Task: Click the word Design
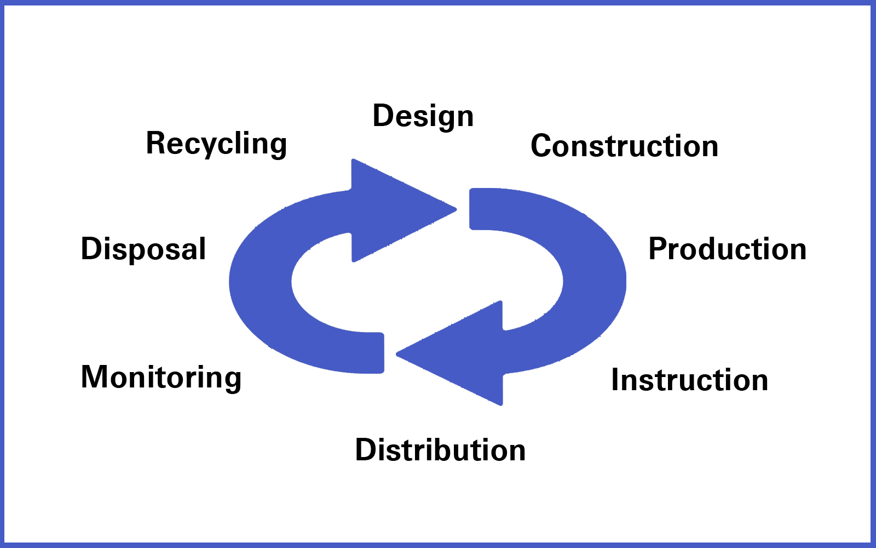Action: (423, 116)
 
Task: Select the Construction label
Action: (624, 146)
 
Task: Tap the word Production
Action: (727, 249)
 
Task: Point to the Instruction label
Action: (689, 380)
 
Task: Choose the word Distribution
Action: (440, 450)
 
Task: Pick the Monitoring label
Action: (161, 378)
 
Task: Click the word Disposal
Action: (143, 249)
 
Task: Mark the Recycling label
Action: (216, 144)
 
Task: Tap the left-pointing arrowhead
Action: (460, 353)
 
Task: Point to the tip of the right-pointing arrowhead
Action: (455, 209)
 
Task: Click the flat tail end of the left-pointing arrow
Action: (471, 209)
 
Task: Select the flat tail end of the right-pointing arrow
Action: (383, 353)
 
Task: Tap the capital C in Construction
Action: (541, 146)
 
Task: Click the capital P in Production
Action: (658, 249)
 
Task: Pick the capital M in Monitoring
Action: (94, 378)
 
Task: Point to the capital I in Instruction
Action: (615, 380)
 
